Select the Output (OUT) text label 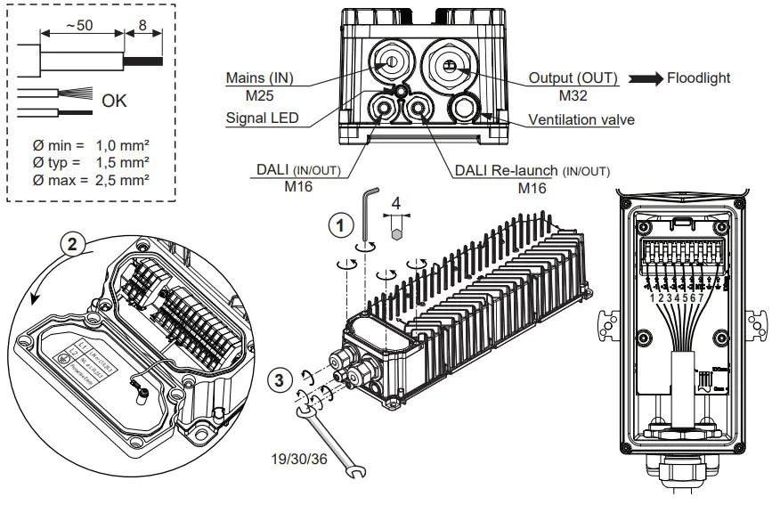click(x=573, y=77)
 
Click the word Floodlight click(x=698, y=77)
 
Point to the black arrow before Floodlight click(x=645, y=78)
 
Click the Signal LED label click(x=263, y=118)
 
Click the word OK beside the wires click(x=114, y=101)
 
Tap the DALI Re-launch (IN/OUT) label click(x=532, y=170)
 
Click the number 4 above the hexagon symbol click(x=397, y=203)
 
